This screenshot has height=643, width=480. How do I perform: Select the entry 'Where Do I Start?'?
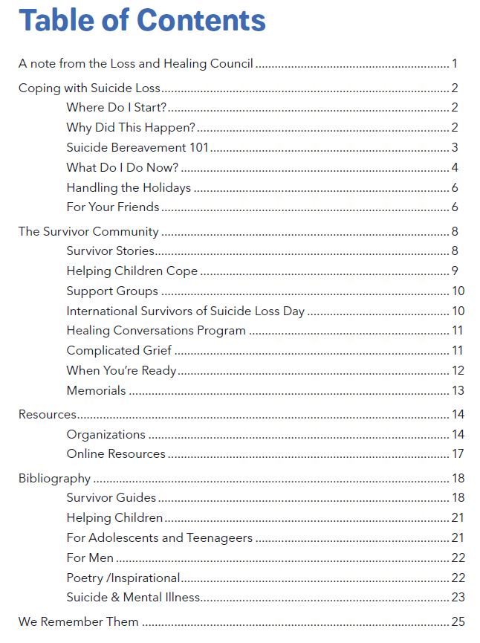pos(116,108)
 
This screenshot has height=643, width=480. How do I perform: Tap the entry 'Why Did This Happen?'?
pos(130,128)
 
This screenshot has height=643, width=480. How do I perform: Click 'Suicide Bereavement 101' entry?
pos(137,148)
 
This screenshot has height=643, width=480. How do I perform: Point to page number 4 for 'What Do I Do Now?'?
pos(454,167)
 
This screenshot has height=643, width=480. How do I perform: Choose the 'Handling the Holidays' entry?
pos(129,187)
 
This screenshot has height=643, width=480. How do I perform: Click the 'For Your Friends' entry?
pos(112,207)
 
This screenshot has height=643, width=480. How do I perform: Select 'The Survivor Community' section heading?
pos(88,231)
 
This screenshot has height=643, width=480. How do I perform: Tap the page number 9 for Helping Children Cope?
pos(454,271)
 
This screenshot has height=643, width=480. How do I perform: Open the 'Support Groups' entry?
pos(111,291)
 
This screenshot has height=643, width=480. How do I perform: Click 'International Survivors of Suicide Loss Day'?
pos(185,311)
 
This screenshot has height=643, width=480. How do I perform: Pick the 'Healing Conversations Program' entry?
pos(155,331)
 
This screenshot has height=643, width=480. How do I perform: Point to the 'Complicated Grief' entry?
pos(119,350)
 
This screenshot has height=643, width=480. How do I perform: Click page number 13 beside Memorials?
pos(457,390)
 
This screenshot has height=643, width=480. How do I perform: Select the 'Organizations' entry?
pos(106,434)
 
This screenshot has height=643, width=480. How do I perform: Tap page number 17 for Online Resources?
pos(457,454)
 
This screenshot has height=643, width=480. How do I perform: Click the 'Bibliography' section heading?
pos(54,478)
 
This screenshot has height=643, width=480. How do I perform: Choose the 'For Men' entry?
pos(90,558)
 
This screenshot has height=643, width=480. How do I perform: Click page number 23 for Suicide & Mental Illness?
pos(457,597)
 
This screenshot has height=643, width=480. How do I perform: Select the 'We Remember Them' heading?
pos(78,621)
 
